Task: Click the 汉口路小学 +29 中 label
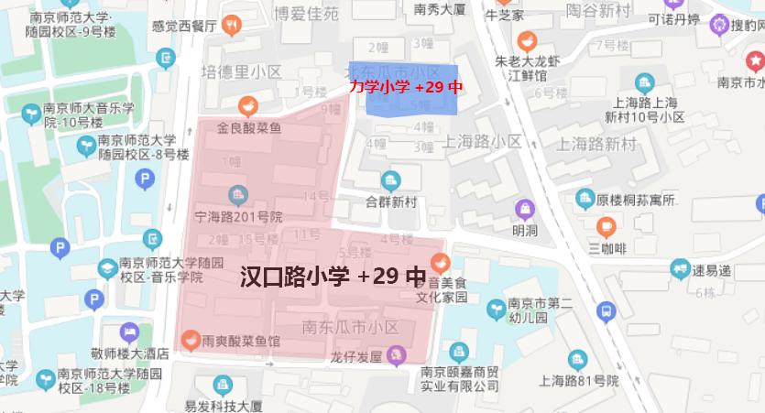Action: click(x=333, y=277)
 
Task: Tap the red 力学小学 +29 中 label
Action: click(x=405, y=87)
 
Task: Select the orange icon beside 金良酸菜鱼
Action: click(x=247, y=106)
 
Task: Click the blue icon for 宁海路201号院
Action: click(x=238, y=195)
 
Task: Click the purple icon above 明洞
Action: click(x=524, y=209)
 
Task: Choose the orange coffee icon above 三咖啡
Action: click(x=606, y=225)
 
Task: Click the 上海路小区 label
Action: click(x=481, y=141)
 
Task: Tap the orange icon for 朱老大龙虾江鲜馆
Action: click(x=527, y=41)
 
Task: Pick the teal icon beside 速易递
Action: click(x=679, y=269)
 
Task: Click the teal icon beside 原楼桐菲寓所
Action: click(x=585, y=199)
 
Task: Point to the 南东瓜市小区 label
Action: click(x=350, y=326)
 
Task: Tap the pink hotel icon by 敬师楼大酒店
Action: click(x=129, y=332)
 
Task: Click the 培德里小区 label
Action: click(x=242, y=72)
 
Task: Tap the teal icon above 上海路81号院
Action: click(x=575, y=360)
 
